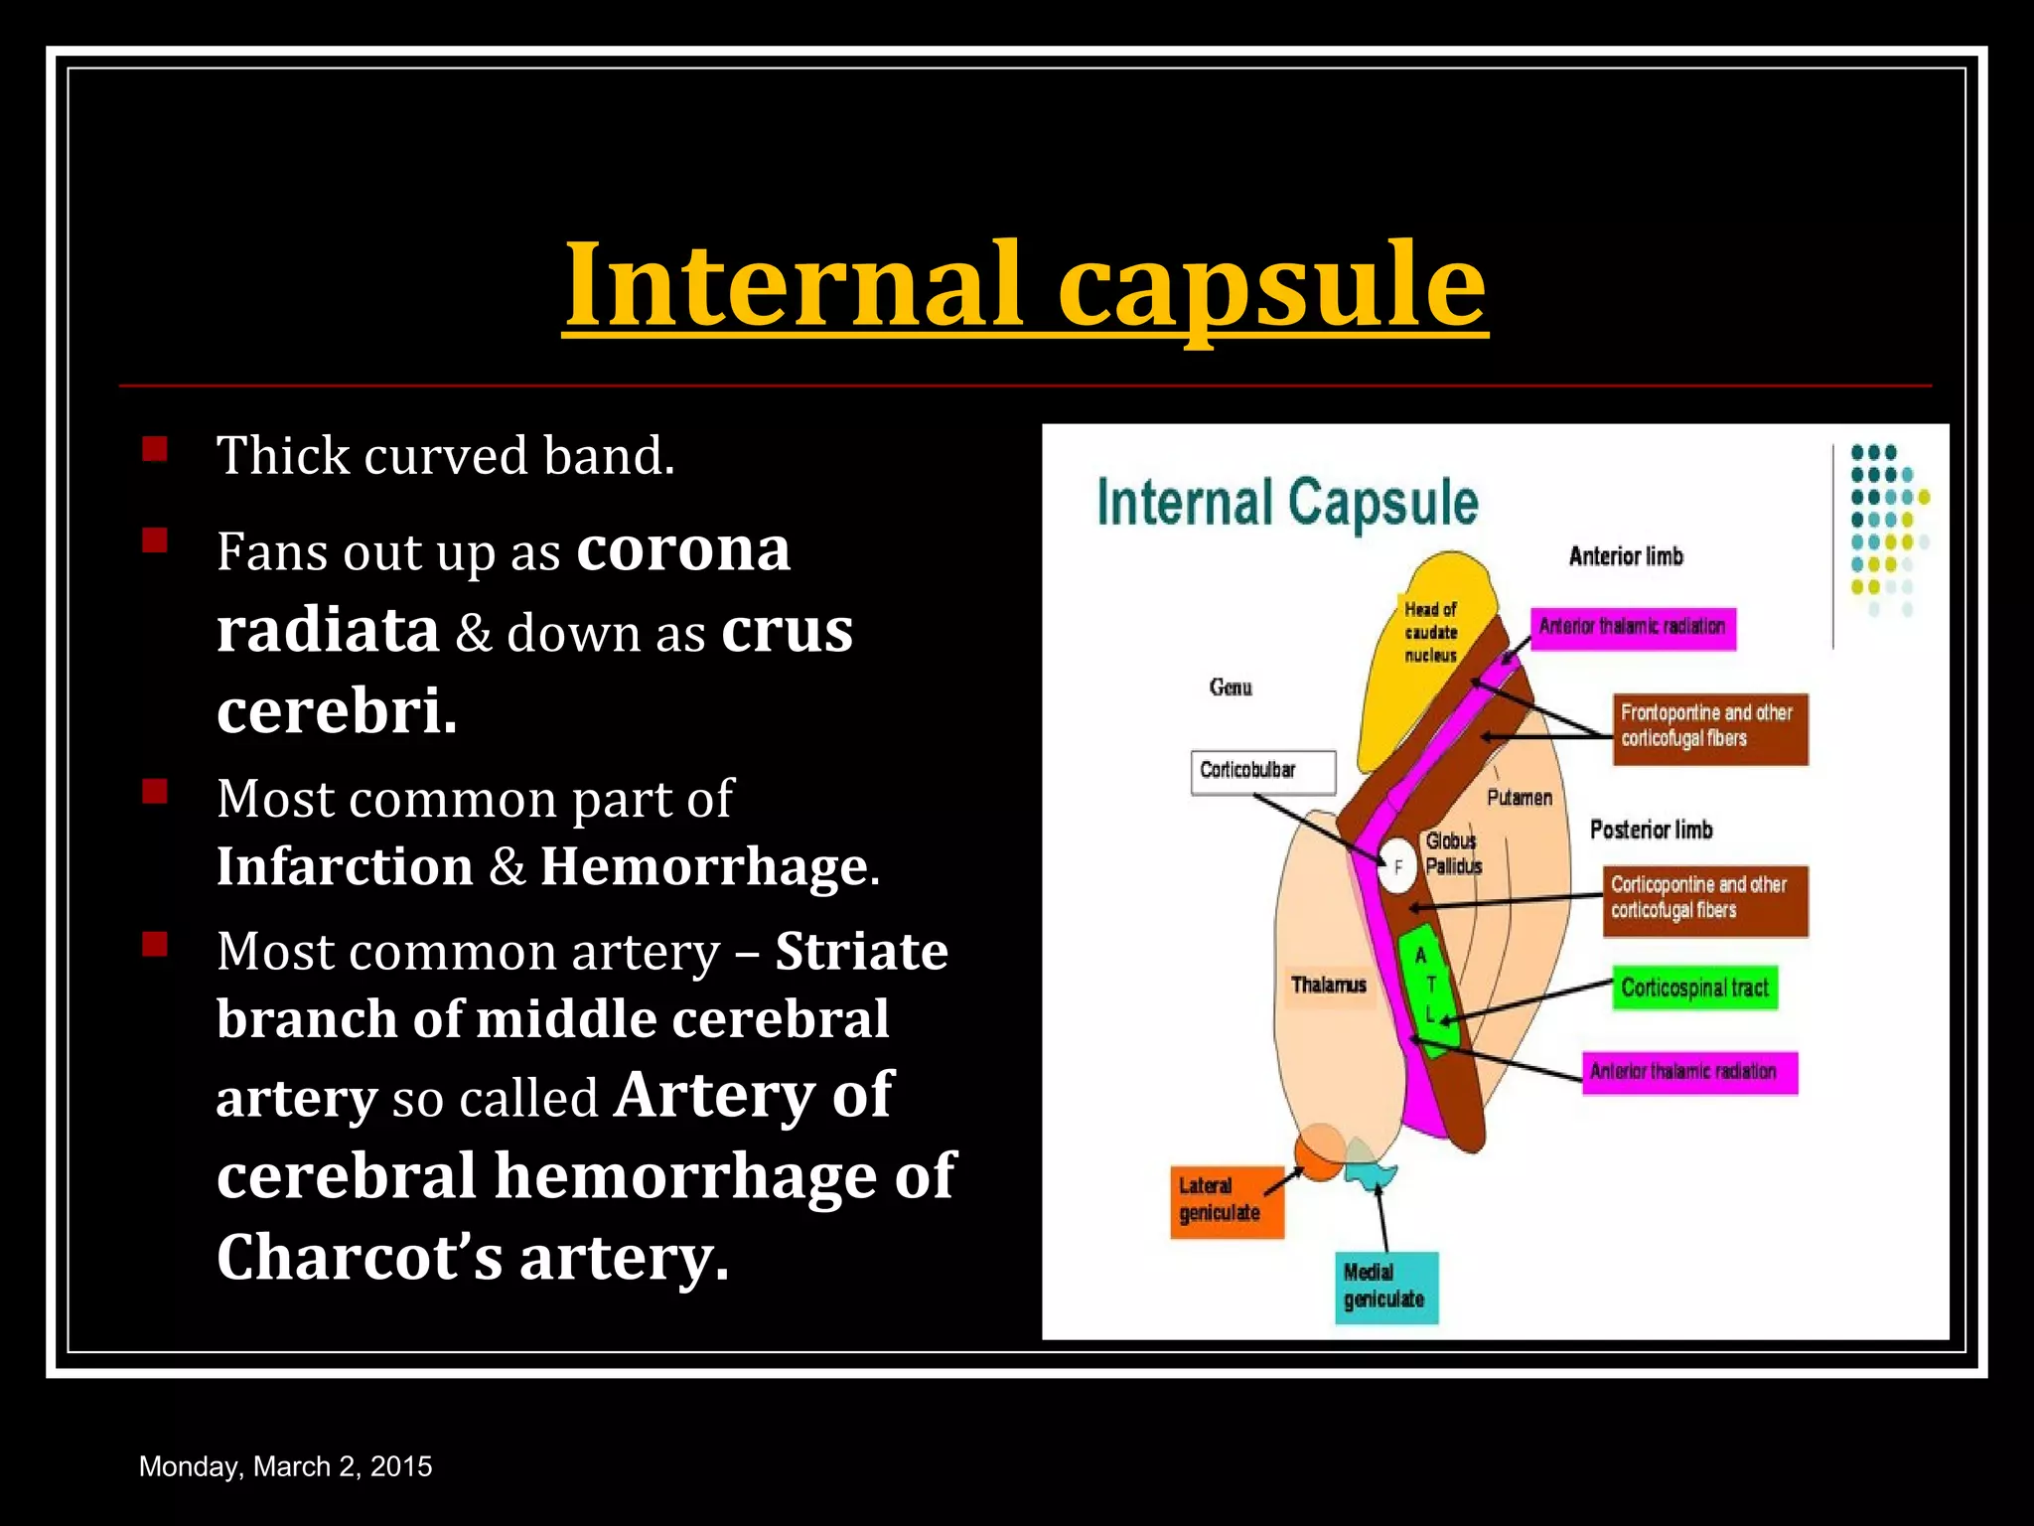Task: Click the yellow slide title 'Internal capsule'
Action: (1024, 285)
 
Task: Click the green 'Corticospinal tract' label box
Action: (1694, 988)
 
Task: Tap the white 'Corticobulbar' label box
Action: (1262, 772)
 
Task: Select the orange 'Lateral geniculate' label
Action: (1227, 1201)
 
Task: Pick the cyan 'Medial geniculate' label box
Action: (1385, 1288)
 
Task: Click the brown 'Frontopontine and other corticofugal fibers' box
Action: (1709, 728)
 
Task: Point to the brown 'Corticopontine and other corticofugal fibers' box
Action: (1704, 900)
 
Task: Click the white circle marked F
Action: (1397, 867)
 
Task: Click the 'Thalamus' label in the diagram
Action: (1328, 986)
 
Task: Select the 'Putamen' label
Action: (1519, 798)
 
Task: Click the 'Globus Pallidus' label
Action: (1453, 853)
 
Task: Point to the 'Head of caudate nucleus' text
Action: (1430, 632)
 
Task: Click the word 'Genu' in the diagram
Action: (1231, 687)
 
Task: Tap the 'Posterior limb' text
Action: (1651, 830)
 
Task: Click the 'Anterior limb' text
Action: (1626, 556)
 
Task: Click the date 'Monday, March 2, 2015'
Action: (285, 1466)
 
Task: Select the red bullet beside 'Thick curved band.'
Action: (155, 449)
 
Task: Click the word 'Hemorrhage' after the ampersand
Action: (704, 866)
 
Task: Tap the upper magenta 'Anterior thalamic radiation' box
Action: (1632, 628)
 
